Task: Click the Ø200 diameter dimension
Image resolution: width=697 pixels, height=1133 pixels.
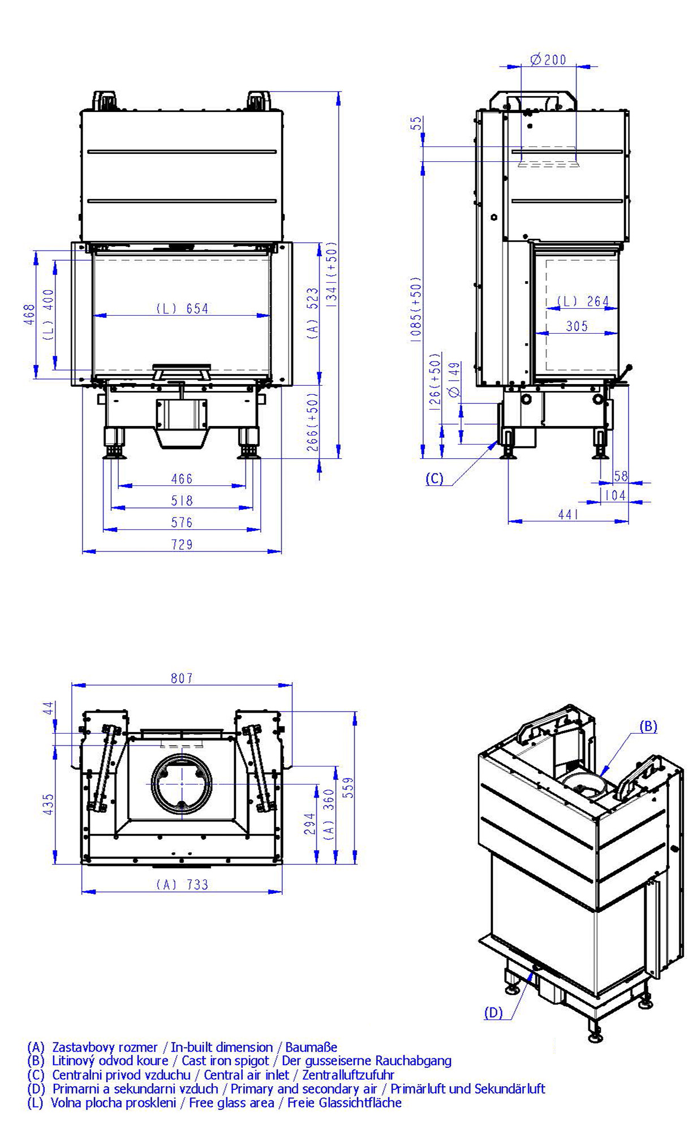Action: click(x=548, y=59)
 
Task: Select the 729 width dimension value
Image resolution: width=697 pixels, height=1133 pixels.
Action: click(x=182, y=544)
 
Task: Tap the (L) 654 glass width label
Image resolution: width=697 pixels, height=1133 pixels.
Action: click(x=182, y=308)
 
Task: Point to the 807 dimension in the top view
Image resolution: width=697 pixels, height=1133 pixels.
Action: click(x=182, y=678)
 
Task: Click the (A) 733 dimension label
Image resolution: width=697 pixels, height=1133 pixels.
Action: click(x=182, y=884)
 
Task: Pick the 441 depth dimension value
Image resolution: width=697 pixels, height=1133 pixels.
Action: click(x=568, y=514)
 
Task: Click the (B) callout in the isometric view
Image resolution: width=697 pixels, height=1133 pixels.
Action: click(x=648, y=726)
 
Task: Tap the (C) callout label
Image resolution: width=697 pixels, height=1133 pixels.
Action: click(x=434, y=479)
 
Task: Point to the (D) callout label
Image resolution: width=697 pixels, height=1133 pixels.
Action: click(x=493, y=1013)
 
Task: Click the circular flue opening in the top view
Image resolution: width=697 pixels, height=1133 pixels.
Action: click(x=182, y=784)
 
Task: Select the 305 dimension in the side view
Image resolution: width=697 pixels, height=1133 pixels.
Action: click(x=576, y=326)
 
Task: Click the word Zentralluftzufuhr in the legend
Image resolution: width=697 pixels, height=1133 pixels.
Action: click(x=348, y=1074)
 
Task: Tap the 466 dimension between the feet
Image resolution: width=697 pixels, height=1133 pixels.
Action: click(x=182, y=479)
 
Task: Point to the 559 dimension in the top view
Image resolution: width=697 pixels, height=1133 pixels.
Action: click(x=348, y=787)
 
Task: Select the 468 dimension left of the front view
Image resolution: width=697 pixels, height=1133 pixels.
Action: click(x=29, y=315)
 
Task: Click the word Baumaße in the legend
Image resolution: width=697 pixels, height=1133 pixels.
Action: click(x=311, y=1047)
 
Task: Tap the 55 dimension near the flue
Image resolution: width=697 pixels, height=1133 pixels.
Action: click(x=417, y=123)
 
